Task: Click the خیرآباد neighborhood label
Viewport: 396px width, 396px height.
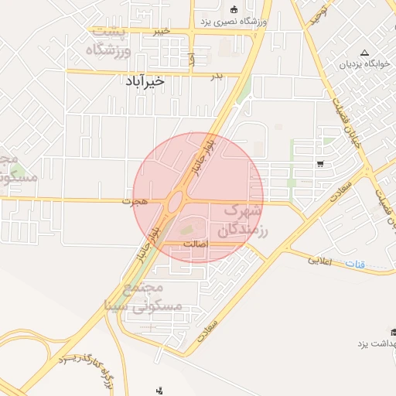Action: pos(145,80)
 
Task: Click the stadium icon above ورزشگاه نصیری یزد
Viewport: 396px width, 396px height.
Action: pos(234,9)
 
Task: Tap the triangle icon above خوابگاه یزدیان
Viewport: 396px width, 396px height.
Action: pos(364,52)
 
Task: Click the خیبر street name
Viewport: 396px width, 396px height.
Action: pos(160,31)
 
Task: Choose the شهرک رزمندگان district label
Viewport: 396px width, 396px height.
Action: pos(241,219)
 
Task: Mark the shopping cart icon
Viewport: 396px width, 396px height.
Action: pos(319,163)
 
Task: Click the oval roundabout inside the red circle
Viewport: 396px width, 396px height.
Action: pos(176,203)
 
